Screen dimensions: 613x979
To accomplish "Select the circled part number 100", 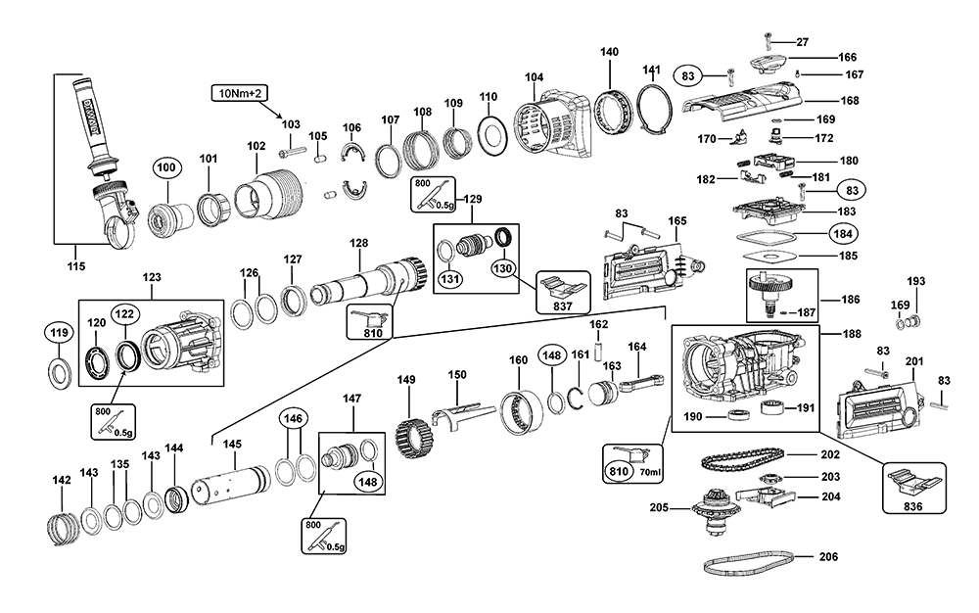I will (166, 168).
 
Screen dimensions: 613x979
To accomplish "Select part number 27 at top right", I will (802, 41).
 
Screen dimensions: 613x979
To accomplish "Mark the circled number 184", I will (842, 234).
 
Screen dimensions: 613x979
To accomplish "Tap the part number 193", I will (914, 281).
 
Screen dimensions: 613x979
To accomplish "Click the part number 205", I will (658, 507).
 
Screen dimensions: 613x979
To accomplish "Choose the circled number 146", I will (292, 419).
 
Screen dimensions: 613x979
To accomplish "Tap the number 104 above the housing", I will (534, 77).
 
